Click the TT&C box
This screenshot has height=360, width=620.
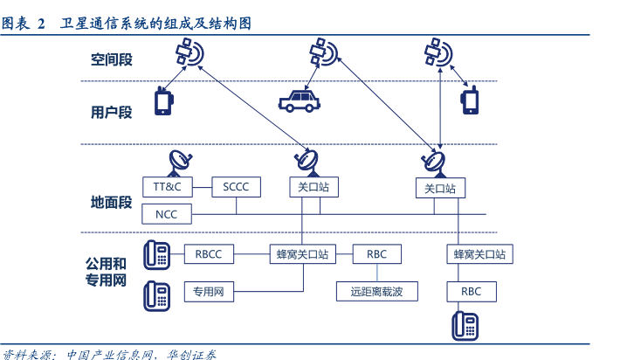pyautogui.click(x=167, y=187)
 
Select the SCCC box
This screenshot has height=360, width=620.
pyautogui.click(x=236, y=187)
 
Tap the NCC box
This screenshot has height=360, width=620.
pyautogui.click(x=167, y=214)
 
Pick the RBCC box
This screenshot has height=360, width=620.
pyautogui.click(x=210, y=254)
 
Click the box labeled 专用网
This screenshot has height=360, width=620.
pyautogui.click(x=210, y=292)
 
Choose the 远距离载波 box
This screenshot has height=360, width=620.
pyautogui.click(x=377, y=292)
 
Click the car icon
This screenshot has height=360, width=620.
pyautogui.click(x=299, y=100)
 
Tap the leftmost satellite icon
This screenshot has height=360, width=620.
pyautogui.click(x=188, y=54)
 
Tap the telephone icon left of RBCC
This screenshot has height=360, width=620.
pyautogui.click(x=158, y=254)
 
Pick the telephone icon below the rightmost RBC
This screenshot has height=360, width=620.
pyautogui.click(x=465, y=325)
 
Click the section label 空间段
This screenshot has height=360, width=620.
pyautogui.click(x=111, y=60)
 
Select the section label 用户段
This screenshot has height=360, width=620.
pyautogui.click(x=111, y=112)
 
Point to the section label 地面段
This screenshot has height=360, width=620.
pyautogui.click(x=111, y=203)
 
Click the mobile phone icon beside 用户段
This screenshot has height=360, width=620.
pyautogui.click(x=163, y=100)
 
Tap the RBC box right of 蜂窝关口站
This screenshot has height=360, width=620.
pyautogui.click(x=377, y=254)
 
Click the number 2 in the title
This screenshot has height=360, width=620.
pyautogui.click(x=40, y=24)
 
